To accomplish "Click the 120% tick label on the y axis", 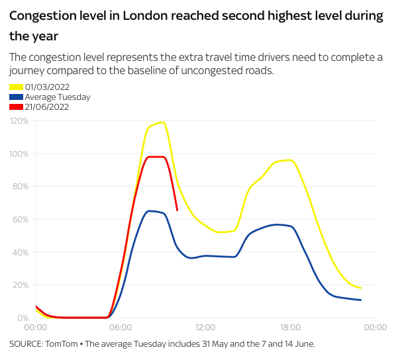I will pyautogui.click(x=19, y=121).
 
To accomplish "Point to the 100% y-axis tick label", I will pyautogui.click(x=19, y=154).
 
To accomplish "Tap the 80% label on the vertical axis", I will pyautogui.click(x=20, y=187).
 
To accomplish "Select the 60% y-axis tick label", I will pyautogui.click(x=20, y=220).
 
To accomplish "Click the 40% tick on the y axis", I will pyautogui.click(x=20, y=252).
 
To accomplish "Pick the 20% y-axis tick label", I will pyautogui.click(x=20, y=285).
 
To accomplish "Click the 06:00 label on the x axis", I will pyautogui.click(x=120, y=327).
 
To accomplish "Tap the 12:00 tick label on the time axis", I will pyautogui.click(x=205, y=327).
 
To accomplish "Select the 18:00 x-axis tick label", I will pyautogui.click(x=291, y=327).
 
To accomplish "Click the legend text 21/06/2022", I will pyautogui.click(x=47, y=107).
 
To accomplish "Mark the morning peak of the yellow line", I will pyautogui.click(x=162, y=122).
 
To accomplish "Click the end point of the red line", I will pyautogui.click(x=177, y=210).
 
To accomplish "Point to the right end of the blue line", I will pyautogui.click(x=361, y=300).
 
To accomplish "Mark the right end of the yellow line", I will pyautogui.click(x=361, y=288).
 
